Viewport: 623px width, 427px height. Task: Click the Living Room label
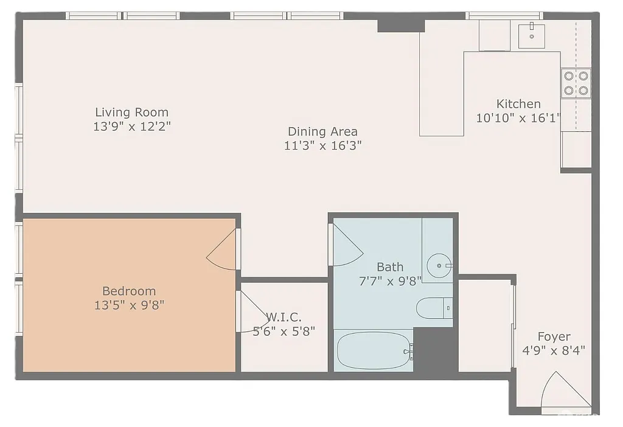pyautogui.click(x=131, y=113)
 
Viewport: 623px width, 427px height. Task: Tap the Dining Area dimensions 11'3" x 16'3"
pyautogui.click(x=322, y=146)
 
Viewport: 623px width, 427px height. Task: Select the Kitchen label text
pyautogui.click(x=518, y=104)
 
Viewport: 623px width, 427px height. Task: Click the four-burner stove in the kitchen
pyautogui.click(x=576, y=83)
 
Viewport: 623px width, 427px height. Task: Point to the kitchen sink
pyautogui.click(x=532, y=36)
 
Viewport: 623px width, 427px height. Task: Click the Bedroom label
pyautogui.click(x=129, y=291)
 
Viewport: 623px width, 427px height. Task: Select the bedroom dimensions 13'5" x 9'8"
pyautogui.click(x=129, y=305)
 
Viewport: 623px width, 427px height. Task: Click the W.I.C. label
pyautogui.click(x=284, y=318)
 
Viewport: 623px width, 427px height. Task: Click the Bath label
pyautogui.click(x=389, y=266)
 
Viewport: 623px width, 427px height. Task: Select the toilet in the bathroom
pyautogui.click(x=433, y=308)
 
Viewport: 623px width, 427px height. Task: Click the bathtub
pyautogui.click(x=373, y=350)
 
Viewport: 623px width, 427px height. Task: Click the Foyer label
pyautogui.click(x=554, y=336)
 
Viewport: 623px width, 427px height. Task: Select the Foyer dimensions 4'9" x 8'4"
pyautogui.click(x=554, y=350)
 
